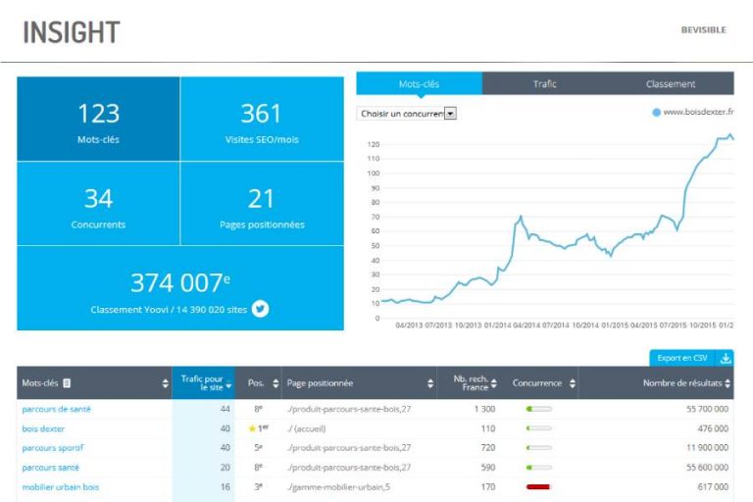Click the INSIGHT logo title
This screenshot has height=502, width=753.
71,31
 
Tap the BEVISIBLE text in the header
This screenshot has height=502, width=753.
703,30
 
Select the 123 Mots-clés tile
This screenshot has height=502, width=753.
98,120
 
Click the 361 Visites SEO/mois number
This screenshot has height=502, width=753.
261,114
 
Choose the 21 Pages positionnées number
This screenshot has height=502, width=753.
261,199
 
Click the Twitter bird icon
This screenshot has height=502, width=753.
260,309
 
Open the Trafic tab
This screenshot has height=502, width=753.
544,84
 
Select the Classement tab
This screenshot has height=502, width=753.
671,84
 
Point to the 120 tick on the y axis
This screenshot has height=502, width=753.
373,144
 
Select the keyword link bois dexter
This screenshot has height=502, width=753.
43,428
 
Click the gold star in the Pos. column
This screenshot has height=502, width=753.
250,428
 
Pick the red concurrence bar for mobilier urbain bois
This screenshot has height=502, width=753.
538,486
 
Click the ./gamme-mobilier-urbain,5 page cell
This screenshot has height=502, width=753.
339,486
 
